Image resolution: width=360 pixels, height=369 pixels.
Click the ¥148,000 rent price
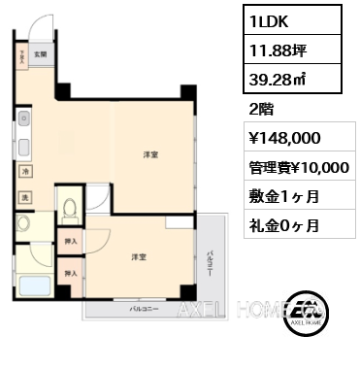tap(281, 139)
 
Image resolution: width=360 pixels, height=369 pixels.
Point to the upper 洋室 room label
tap(150, 154)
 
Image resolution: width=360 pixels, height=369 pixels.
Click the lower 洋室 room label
tap(140, 256)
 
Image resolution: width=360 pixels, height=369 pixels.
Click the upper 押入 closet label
tap(70, 240)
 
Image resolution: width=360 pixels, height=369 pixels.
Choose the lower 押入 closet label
tap(70, 274)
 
